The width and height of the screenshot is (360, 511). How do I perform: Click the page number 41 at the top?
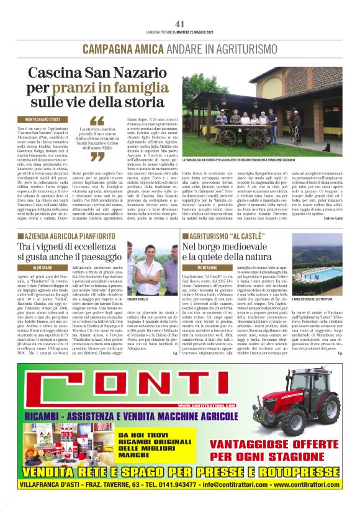point(180,24)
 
